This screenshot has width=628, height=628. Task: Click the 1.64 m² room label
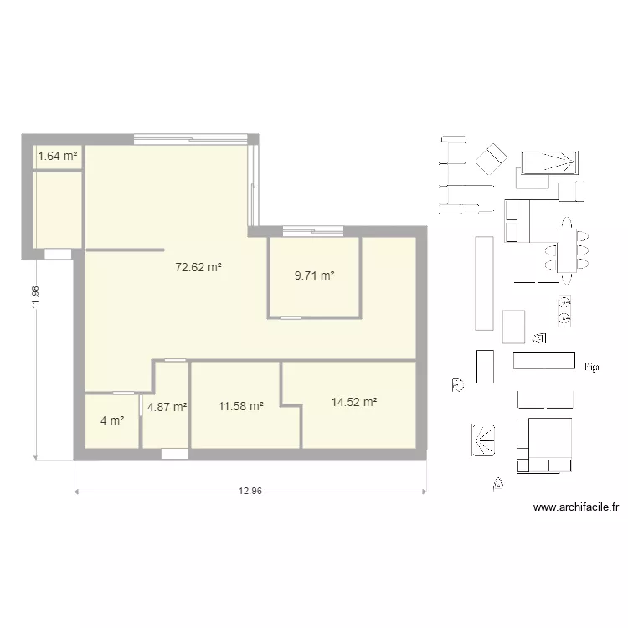click(x=58, y=155)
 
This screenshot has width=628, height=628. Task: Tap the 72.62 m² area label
click(x=198, y=269)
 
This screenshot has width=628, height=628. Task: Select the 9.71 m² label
click(x=314, y=275)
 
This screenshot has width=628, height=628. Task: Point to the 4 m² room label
click(x=112, y=420)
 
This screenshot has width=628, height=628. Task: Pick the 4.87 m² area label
click(x=167, y=408)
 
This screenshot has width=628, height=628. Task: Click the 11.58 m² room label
click(x=241, y=407)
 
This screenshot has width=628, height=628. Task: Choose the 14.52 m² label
click(x=353, y=403)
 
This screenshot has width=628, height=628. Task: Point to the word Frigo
click(x=593, y=367)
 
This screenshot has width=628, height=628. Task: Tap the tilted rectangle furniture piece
click(x=492, y=160)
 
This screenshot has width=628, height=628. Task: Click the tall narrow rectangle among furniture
click(x=484, y=283)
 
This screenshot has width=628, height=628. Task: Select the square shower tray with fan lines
click(x=483, y=439)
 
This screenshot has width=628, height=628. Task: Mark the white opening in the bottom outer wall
click(x=175, y=454)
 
